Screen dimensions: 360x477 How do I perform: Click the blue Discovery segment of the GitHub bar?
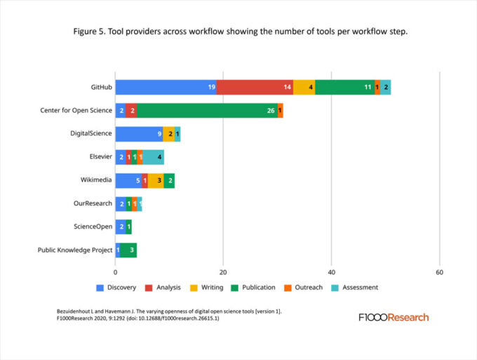click(x=166, y=87)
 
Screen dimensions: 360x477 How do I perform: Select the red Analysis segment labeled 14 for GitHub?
click(x=255, y=87)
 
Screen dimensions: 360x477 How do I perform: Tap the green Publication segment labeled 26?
click(x=207, y=110)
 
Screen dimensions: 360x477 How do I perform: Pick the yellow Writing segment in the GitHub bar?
click(x=304, y=87)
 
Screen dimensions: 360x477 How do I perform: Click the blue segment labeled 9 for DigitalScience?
click(x=139, y=133)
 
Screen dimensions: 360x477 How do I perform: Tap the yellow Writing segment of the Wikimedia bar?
click(x=155, y=180)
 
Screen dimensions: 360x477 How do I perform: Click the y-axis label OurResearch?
click(x=93, y=204)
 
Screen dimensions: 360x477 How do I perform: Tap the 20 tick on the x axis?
click(x=223, y=272)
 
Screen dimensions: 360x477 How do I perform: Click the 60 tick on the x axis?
click(x=439, y=272)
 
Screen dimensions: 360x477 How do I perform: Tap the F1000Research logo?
click(x=393, y=317)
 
